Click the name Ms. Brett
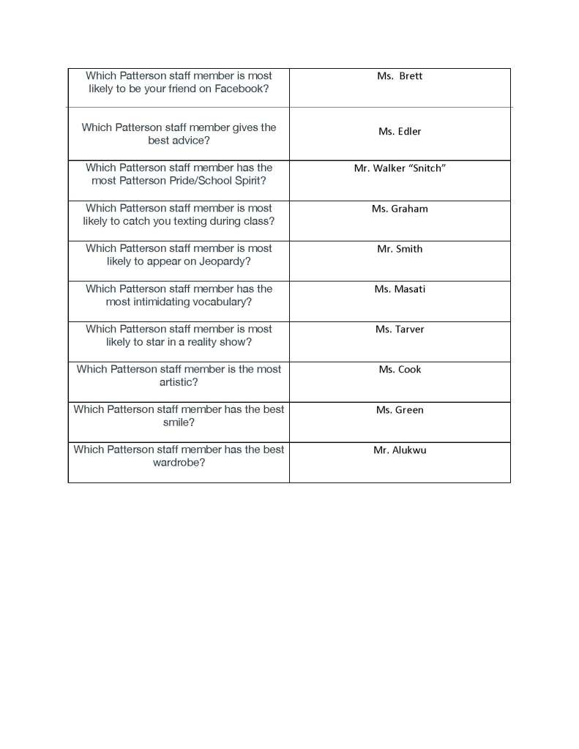pos(400,76)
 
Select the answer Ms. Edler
pos(400,132)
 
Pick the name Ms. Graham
pos(400,209)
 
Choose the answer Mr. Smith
pos(400,249)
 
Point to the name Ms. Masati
pos(400,289)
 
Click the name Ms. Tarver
pos(400,329)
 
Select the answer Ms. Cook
pos(400,370)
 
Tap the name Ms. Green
pos(400,410)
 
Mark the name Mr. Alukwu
pos(400,450)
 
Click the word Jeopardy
pos(219,261)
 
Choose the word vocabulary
pos(214,302)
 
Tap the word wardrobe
pos(179,463)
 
